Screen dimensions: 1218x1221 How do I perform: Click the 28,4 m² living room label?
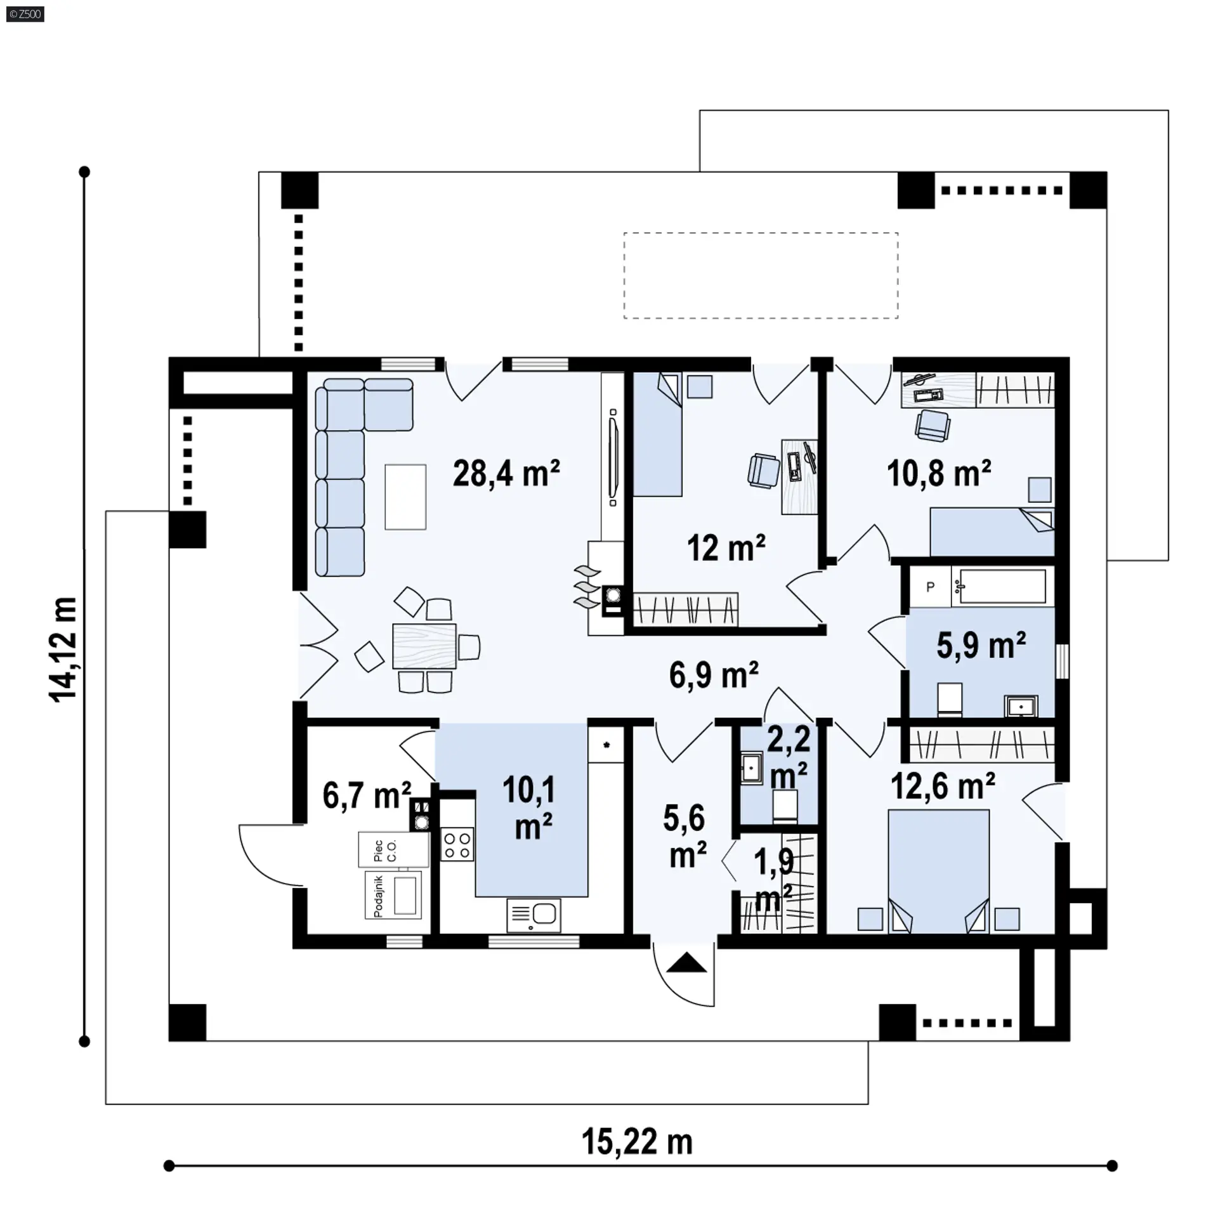click(x=506, y=473)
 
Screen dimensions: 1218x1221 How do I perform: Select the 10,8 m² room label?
click(x=939, y=473)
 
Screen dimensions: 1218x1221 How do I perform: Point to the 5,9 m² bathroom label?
click(x=981, y=645)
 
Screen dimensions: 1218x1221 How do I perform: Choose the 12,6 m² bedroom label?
click(x=943, y=787)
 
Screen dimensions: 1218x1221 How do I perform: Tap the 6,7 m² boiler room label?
click(x=367, y=795)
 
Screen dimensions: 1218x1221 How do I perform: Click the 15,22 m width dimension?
click(x=637, y=1142)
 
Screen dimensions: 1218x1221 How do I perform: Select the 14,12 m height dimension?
click(x=63, y=648)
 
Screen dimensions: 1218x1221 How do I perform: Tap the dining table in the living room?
click(x=424, y=646)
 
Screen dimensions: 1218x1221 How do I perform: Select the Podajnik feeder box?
click(x=393, y=895)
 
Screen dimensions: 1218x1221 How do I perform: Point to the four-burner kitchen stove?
click(x=457, y=845)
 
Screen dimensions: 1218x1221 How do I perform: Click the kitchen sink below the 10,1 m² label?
click(x=534, y=916)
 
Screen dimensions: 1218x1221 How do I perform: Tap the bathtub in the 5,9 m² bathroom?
click(x=1002, y=585)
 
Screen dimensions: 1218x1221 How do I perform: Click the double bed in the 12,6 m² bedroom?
click(x=938, y=871)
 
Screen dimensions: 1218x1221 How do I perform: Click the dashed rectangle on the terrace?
click(x=761, y=275)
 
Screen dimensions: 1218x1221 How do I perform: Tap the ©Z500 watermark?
click(x=25, y=14)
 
